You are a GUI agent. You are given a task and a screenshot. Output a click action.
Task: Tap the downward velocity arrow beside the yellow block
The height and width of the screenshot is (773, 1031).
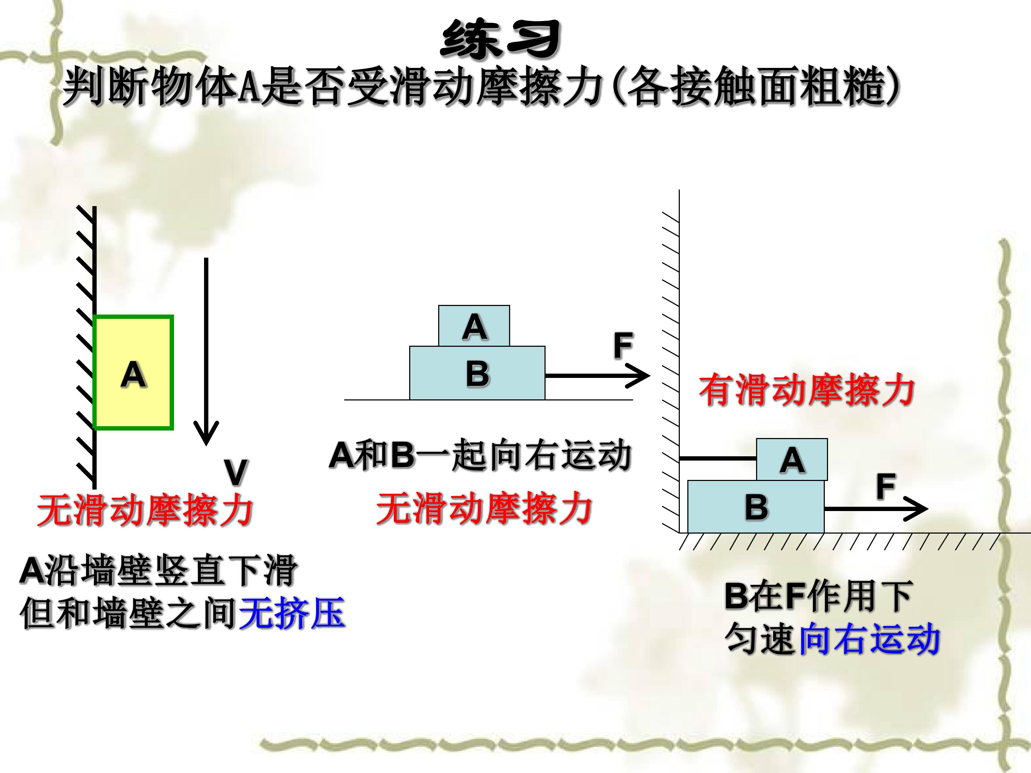(206, 352)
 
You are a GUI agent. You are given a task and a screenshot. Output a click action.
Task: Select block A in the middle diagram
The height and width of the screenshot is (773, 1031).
(474, 326)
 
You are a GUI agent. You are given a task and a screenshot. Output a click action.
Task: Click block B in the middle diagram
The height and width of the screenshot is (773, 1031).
(477, 373)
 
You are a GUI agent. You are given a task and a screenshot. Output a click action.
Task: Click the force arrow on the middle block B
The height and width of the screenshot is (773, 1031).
(597, 375)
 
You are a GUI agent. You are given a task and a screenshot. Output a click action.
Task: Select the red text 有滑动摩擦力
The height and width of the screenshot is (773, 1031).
(807, 390)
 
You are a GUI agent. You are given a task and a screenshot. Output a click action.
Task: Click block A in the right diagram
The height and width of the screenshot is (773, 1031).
(792, 460)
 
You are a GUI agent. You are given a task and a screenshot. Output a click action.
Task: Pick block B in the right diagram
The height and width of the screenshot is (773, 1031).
(756, 506)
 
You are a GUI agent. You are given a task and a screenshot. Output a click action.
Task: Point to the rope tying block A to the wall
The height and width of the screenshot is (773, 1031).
(718, 459)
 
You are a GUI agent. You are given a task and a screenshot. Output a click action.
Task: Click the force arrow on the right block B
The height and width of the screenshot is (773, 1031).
(876, 509)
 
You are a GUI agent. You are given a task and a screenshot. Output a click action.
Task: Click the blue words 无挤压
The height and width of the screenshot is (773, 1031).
(292, 613)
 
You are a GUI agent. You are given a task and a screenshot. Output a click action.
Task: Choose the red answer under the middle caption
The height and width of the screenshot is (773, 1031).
(484, 508)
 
